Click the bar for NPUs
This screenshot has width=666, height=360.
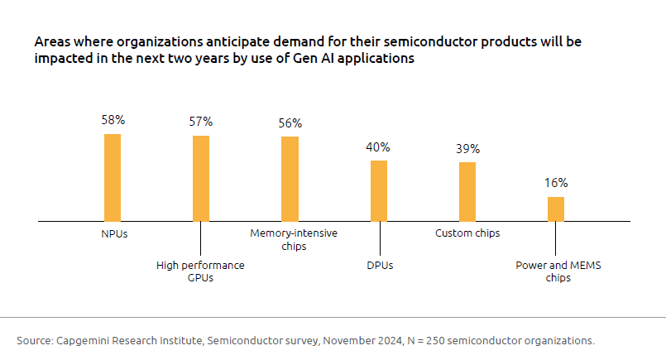pos(113,177)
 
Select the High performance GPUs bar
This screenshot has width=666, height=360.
pos(201,178)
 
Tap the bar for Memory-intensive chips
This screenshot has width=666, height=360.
pos(290,179)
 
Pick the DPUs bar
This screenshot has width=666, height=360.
pos(379,190)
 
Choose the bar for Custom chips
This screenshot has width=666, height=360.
pos(467,191)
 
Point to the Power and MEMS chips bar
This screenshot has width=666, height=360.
pos(556,209)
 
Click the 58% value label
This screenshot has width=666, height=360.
pos(113,120)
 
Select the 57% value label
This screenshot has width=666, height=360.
pos(201,122)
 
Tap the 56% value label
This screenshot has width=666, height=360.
pos(290,123)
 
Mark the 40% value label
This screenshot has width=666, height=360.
pos(378,147)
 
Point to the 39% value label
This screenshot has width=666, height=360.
pos(467,149)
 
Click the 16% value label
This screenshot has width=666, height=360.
pos(556,184)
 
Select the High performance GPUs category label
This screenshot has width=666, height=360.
pos(201,271)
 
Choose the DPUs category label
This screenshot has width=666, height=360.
pos(379,266)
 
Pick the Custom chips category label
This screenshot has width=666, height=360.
pos(467,233)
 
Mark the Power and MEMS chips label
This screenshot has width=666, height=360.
pos(556,271)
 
